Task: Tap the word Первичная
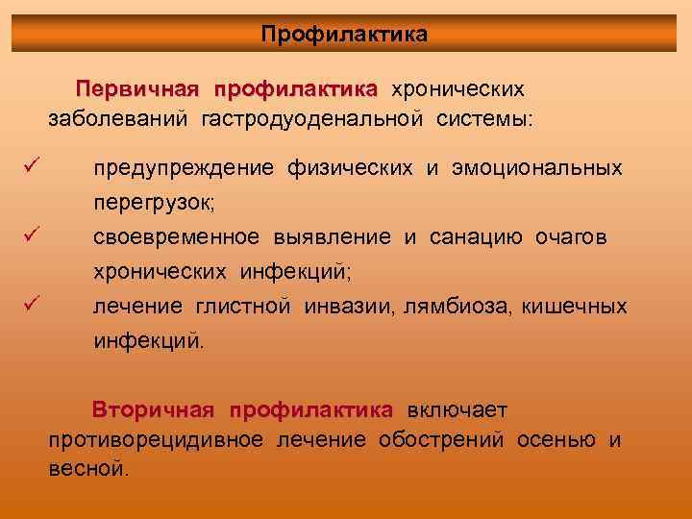[139, 89]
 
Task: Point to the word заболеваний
[120, 120]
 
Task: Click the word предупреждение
[185, 169]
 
